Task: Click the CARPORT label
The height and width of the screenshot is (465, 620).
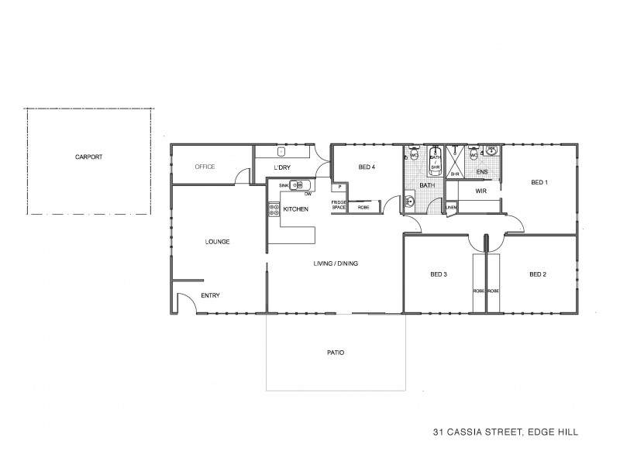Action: click(89, 157)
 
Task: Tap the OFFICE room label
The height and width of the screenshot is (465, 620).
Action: click(205, 167)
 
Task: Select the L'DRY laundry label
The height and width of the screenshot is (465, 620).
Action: click(281, 167)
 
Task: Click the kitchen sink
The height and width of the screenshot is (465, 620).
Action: click(298, 185)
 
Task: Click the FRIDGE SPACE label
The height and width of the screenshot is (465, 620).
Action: click(339, 205)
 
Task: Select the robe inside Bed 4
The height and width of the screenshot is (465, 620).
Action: click(363, 207)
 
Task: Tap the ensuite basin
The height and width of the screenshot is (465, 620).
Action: click(491, 150)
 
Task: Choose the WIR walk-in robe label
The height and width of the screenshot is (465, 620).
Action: click(480, 190)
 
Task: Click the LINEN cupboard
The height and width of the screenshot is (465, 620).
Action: click(452, 207)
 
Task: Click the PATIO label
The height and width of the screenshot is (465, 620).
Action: click(335, 353)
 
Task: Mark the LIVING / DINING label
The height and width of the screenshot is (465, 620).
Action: click(336, 263)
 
